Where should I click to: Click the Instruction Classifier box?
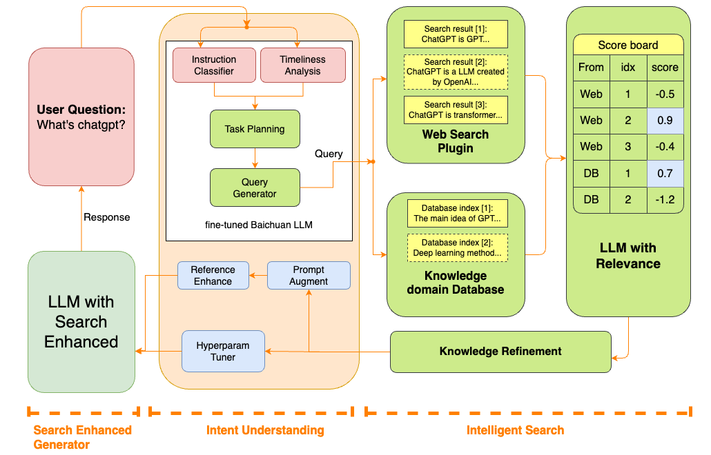tap(214, 65)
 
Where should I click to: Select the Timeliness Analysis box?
tap(302, 65)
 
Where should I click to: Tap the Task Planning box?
tap(255, 129)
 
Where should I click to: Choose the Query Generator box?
tap(255, 188)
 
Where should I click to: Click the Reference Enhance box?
tap(213, 275)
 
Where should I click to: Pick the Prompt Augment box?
tap(309, 275)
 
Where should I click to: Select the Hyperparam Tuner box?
tap(223, 351)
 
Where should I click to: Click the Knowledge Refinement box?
tap(500, 352)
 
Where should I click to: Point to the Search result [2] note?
tap(456, 72)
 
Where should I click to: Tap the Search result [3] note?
tap(456, 110)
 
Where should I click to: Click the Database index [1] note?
tap(456, 213)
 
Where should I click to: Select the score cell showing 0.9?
tap(665, 120)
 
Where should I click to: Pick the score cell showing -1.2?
tap(665, 200)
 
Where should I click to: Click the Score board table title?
tap(628, 45)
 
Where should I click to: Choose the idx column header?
tap(627, 68)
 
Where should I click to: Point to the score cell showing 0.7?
tap(665, 173)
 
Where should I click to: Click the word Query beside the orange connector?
tap(329, 154)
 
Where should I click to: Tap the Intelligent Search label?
tap(515, 430)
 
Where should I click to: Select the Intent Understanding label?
tap(265, 430)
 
